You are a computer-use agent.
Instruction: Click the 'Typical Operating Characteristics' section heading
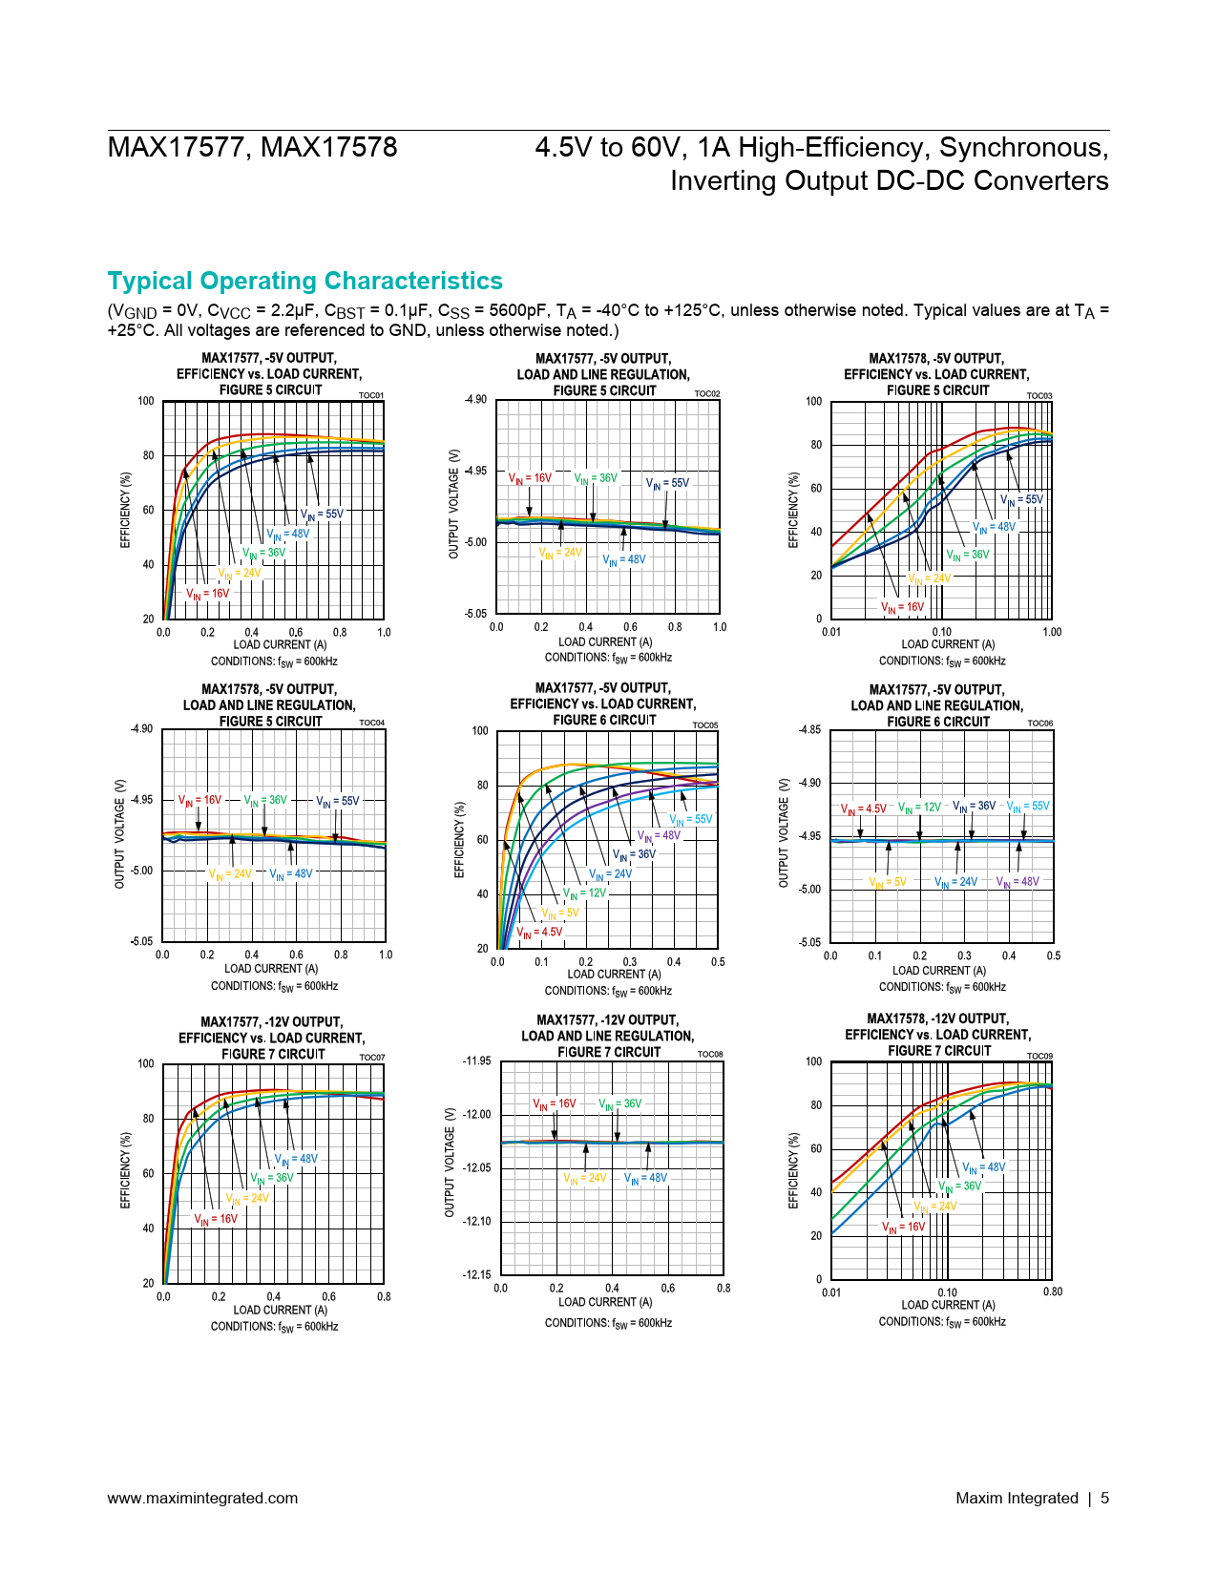point(304,282)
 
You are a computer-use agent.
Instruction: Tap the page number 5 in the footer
point(1104,1498)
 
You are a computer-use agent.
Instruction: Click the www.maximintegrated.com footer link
point(202,1498)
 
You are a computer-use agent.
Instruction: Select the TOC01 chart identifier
point(371,395)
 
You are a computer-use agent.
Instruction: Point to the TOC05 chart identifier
point(704,725)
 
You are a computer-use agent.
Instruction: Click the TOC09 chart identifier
point(1039,1056)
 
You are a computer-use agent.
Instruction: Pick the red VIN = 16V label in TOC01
point(207,594)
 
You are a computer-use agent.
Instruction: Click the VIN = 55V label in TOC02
point(667,483)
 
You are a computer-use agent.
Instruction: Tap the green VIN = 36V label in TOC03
point(967,555)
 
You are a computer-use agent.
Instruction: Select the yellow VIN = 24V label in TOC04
point(230,873)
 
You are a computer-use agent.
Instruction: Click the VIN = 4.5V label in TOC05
point(539,933)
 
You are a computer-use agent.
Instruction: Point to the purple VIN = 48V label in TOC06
point(1018,882)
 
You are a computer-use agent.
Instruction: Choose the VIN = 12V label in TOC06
point(919,808)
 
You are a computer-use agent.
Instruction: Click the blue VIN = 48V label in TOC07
point(296,1160)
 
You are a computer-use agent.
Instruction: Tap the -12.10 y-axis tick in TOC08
point(476,1222)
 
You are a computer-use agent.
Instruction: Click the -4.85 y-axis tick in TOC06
point(809,730)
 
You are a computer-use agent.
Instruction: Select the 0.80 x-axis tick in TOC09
point(1052,1292)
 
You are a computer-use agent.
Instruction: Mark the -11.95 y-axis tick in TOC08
point(476,1061)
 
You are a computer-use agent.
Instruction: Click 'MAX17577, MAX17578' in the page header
point(252,148)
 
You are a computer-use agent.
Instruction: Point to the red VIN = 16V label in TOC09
point(903,1228)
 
